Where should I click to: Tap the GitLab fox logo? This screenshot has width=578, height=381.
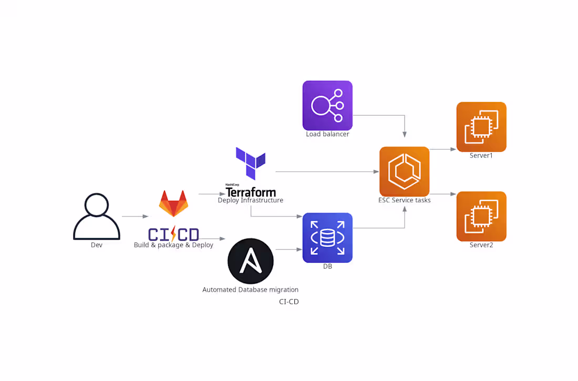click(x=173, y=203)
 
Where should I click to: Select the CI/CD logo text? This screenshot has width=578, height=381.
click(x=173, y=234)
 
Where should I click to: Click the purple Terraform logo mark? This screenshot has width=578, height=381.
click(x=251, y=163)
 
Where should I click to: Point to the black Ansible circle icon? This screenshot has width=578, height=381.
click(x=251, y=261)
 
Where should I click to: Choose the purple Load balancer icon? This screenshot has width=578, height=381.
click(x=327, y=105)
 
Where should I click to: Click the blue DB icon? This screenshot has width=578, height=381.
click(x=327, y=238)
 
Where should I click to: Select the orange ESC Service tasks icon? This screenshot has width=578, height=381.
click(x=404, y=171)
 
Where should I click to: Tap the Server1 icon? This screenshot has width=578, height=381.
click(x=481, y=127)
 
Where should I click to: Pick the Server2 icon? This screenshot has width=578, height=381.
click(x=481, y=216)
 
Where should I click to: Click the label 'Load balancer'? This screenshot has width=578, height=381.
click(x=327, y=134)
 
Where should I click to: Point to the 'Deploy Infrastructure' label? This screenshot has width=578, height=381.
click(x=251, y=200)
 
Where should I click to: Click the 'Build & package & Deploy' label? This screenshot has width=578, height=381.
click(x=173, y=245)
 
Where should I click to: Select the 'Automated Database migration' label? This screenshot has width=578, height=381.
click(x=251, y=290)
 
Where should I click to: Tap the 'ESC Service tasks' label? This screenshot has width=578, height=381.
click(x=404, y=200)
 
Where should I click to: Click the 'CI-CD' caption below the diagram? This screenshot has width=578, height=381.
click(x=289, y=302)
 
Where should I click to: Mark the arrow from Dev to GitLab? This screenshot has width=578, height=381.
click(x=135, y=216)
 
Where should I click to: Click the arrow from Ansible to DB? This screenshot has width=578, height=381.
click(x=288, y=249)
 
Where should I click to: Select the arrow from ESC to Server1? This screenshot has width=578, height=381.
click(x=443, y=149)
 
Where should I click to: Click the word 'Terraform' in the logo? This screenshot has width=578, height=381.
click(x=251, y=192)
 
